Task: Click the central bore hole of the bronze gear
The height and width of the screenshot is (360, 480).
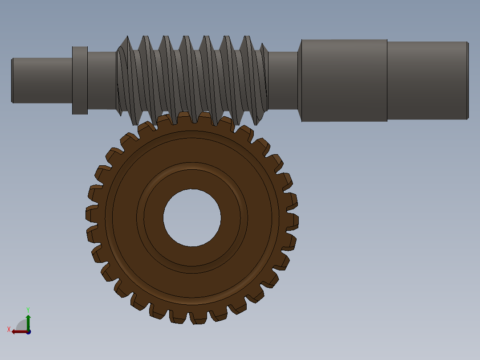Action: click(192, 218)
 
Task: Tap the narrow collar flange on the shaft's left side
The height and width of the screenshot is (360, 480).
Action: click(80, 80)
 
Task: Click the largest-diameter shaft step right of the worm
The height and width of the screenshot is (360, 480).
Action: click(344, 80)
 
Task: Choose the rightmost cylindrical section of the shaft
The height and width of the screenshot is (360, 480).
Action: click(427, 80)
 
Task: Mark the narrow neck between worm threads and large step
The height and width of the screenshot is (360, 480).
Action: click(283, 80)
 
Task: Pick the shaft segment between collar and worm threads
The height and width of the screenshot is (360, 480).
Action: click(102, 80)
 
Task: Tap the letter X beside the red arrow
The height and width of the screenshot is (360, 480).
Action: click(9, 329)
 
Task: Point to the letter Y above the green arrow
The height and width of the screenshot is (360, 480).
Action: click(28, 309)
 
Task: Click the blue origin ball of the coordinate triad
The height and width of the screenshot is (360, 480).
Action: click(28, 332)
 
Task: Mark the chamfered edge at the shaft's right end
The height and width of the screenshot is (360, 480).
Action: click(468, 80)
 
